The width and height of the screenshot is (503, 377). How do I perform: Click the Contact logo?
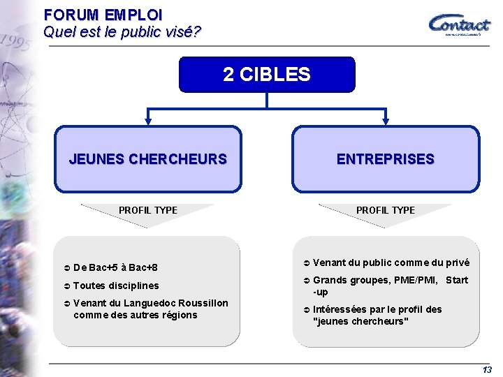coord(459,24)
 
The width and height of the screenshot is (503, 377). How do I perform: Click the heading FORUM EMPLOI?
coord(103,14)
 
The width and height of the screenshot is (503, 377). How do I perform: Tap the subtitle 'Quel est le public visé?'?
coord(122,31)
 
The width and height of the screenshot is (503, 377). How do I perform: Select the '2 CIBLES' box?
coord(267,75)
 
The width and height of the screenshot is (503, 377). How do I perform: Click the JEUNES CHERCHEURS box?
coord(148,159)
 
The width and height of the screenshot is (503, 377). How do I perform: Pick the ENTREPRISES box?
coord(386,159)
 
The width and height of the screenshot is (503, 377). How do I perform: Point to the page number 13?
coord(487,369)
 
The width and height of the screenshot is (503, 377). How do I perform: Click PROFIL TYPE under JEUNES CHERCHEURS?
coord(148,210)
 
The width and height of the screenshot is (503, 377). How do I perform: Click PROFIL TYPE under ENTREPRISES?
coord(386,210)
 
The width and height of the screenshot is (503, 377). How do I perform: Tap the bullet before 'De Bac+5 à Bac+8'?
coord(67,268)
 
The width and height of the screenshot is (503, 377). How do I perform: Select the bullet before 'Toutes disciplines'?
coord(67,286)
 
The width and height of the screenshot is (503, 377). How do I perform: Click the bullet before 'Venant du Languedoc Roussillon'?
coord(67,303)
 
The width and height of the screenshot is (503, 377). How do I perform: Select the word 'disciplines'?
coord(133,286)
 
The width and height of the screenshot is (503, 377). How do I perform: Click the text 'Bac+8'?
coord(143,268)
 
